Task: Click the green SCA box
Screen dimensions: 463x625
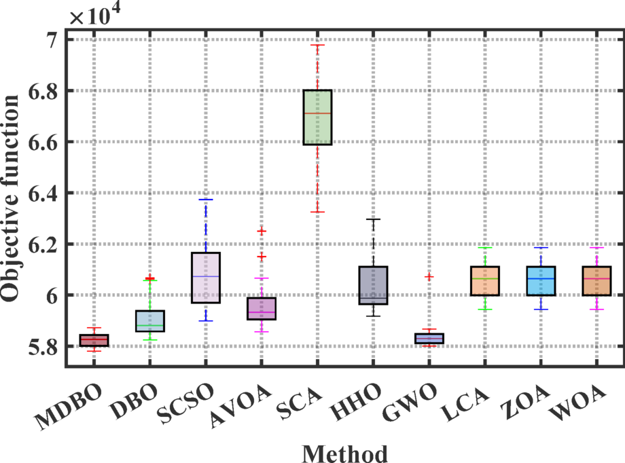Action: coord(317,117)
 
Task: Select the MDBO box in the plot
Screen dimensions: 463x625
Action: coord(94,340)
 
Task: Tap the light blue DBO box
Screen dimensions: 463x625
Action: coord(150,320)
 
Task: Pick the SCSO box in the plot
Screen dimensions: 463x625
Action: coord(206,278)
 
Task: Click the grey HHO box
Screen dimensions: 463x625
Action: coord(373,285)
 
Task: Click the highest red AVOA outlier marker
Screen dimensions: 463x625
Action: coord(262,231)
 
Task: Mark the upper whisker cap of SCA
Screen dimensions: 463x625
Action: coord(317,45)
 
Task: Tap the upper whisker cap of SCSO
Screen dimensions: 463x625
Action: coord(206,200)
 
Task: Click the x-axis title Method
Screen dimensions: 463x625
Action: coord(344,453)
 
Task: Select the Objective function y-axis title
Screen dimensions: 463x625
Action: coord(12,198)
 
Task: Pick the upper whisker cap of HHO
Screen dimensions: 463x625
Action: coord(373,219)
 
